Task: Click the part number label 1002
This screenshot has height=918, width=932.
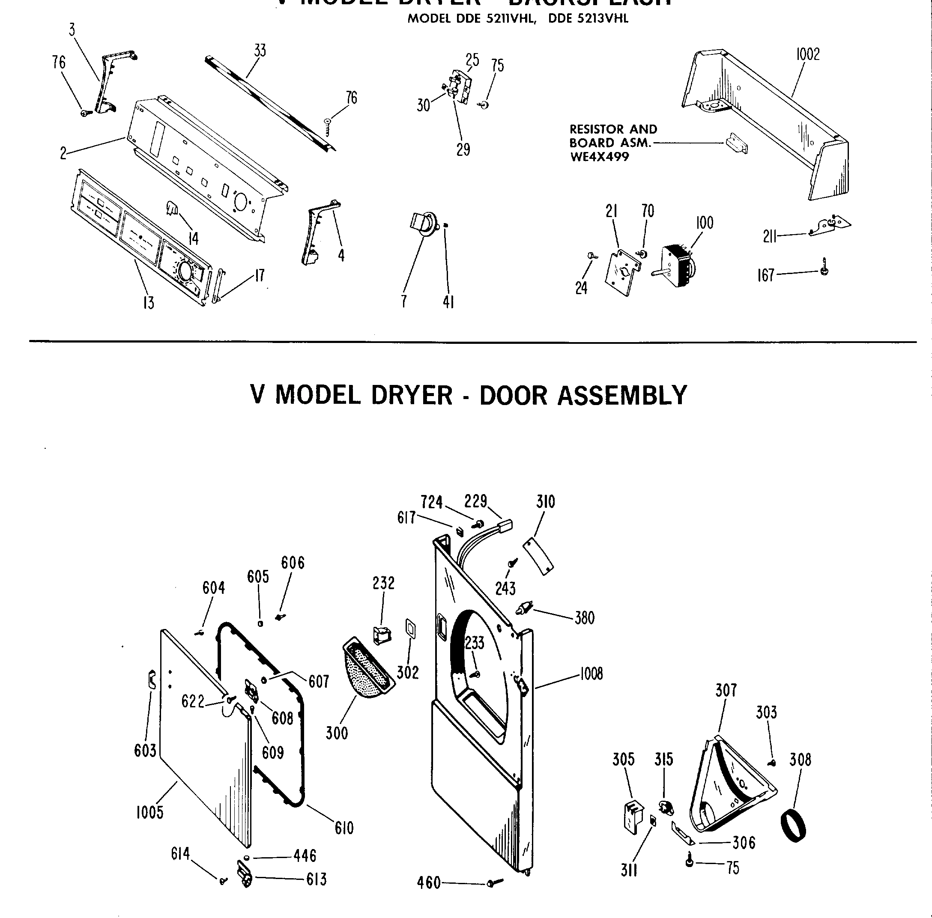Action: click(x=807, y=54)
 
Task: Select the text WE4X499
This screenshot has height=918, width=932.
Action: click(x=599, y=157)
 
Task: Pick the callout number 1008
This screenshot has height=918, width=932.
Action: click(x=591, y=674)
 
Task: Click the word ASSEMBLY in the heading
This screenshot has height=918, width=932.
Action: click(x=622, y=395)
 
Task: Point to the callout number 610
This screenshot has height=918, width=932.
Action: click(x=344, y=829)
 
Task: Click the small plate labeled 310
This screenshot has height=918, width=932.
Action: click(x=538, y=556)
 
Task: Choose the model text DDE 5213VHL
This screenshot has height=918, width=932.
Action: click(x=588, y=19)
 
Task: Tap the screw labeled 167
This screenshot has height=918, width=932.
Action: click(x=824, y=267)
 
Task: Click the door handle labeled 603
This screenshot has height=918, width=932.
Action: click(x=152, y=680)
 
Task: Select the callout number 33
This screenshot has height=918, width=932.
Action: click(x=260, y=50)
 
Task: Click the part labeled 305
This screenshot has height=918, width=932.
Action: click(x=633, y=817)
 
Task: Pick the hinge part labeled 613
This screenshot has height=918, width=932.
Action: click(x=245, y=875)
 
